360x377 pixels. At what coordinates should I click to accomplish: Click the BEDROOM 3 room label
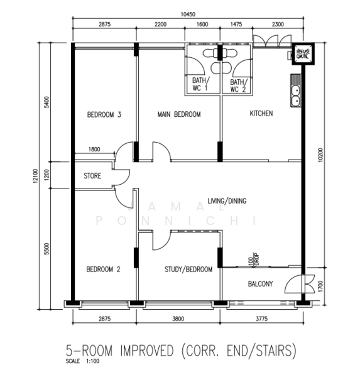click(104, 114)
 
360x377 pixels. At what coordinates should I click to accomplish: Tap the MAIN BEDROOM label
click(179, 114)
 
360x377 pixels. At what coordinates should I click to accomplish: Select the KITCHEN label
click(261, 114)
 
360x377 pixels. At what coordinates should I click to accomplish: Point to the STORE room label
click(92, 177)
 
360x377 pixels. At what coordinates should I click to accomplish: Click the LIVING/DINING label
click(227, 201)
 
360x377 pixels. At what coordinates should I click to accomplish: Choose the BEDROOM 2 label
click(104, 270)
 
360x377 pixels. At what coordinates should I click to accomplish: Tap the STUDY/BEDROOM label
click(188, 270)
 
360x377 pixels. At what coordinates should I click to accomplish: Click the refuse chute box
click(302, 55)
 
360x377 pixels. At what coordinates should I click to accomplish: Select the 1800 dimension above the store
click(94, 150)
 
